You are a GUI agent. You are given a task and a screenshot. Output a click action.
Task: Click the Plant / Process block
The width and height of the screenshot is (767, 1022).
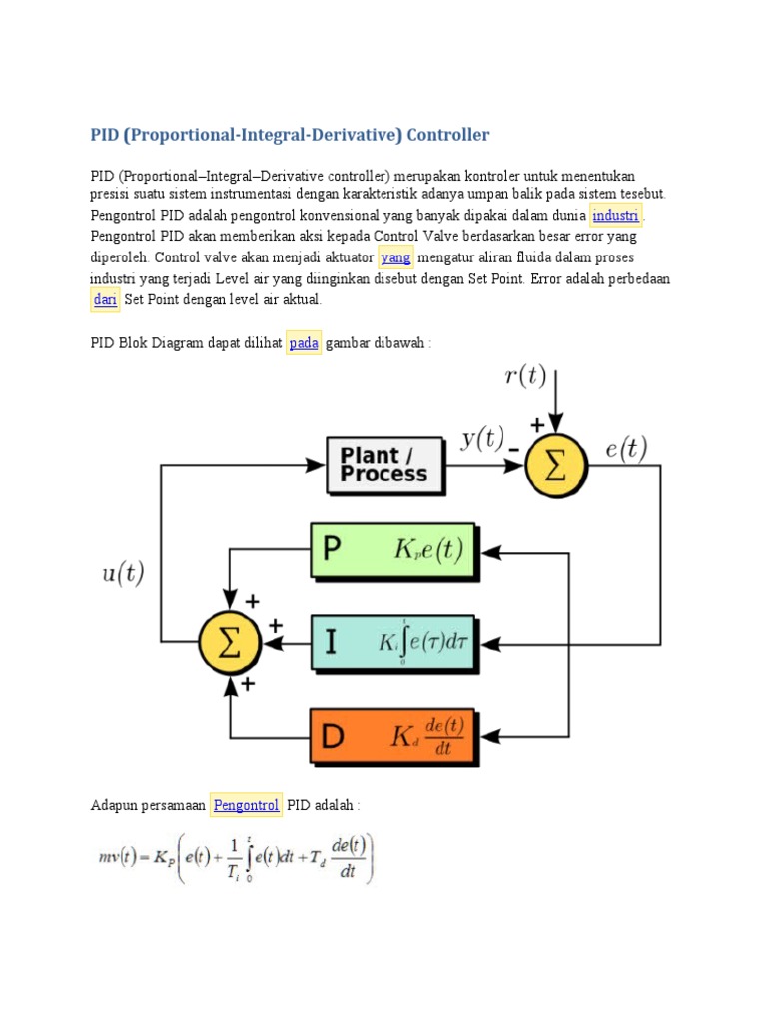pyautogui.click(x=385, y=465)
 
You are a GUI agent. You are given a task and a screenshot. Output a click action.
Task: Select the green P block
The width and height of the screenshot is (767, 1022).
pyautogui.click(x=395, y=550)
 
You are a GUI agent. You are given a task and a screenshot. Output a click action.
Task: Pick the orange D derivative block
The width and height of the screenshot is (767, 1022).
pyautogui.click(x=395, y=737)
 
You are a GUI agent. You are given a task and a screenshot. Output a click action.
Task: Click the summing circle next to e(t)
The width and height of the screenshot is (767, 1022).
pyautogui.click(x=556, y=465)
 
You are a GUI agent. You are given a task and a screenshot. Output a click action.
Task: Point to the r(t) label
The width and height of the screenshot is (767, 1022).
pyautogui.click(x=525, y=376)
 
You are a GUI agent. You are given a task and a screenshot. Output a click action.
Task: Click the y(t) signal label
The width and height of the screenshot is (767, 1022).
pyautogui.click(x=482, y=440)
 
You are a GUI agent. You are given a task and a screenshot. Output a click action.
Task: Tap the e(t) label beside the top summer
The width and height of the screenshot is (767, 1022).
pyautogui.click(x=626, y=449)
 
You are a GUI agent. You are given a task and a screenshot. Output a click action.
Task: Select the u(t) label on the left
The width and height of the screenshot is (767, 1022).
pyautogui.click(x=123, y=574)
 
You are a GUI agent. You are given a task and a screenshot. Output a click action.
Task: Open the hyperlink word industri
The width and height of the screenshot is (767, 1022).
pyautogui.click(x=616, y=216)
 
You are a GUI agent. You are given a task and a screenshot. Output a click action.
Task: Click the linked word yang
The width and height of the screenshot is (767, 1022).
pyautogui.click(x=396, y=257)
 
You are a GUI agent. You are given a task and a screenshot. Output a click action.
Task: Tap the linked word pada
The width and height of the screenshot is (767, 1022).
pyautogui.click(x=304, y=343)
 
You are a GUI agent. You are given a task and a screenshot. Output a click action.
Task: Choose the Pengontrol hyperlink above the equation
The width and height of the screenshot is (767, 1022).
pyautogui.click(x=246, y=805)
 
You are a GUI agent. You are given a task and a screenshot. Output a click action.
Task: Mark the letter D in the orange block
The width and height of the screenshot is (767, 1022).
pyautogui.click(x=334, y=738)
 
